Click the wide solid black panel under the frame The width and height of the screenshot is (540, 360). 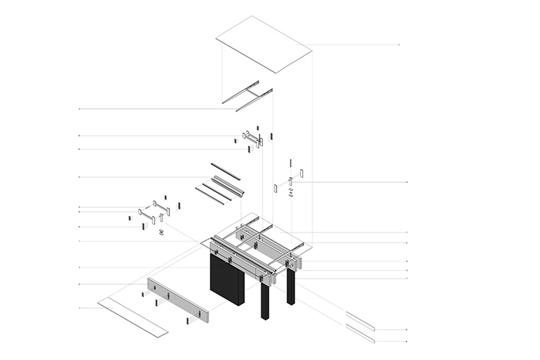point(227,281)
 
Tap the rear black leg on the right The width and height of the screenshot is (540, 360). point(291,287)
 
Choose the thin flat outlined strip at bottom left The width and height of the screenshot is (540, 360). point(132,318)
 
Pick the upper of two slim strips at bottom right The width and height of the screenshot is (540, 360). point(360,320)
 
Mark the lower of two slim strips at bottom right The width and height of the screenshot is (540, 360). point(360,333)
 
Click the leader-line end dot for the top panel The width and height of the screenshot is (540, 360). point(399,45)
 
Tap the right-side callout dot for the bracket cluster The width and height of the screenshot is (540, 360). point(408,182)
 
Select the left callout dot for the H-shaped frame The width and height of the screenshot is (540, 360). point(78,109)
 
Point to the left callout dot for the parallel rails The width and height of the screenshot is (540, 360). point(78,177)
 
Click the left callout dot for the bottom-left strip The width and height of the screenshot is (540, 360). point(78,308)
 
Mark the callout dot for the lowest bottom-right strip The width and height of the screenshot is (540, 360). point(408,341)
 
